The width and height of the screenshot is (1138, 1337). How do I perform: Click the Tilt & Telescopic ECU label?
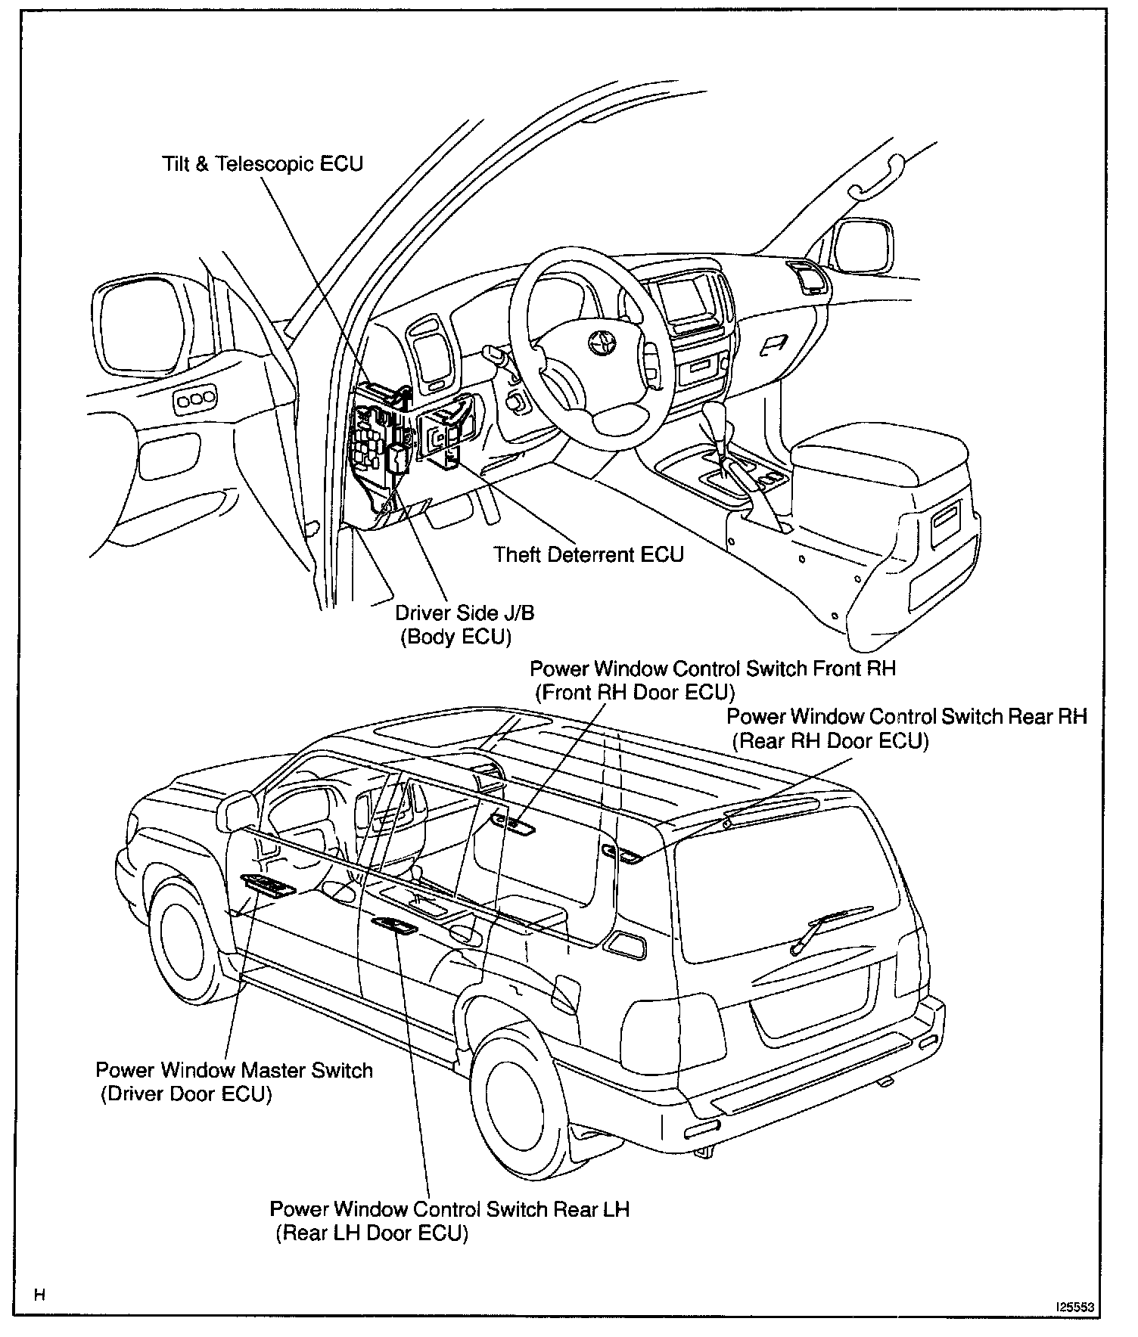pyautogui.click(x=263, y=163)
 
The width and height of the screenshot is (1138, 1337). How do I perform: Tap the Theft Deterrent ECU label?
pyautogui.click(x=589, y=554)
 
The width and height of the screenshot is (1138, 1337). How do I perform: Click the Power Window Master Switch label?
pyautogui.click(x=234, y=1071)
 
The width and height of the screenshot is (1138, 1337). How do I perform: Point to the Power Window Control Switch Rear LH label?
pyautogui.click(x=449, y=1208)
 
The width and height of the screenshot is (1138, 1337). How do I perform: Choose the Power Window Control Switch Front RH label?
pyautogui.click(x=712, y=668)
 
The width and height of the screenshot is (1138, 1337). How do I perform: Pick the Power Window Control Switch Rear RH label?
pyautogui.click(x=906, y=716)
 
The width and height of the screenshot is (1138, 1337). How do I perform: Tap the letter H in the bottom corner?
pyautogui.click(x=40, y=1295)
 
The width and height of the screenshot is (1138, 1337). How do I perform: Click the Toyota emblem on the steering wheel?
pyautogui.click(x=603, y=343)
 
